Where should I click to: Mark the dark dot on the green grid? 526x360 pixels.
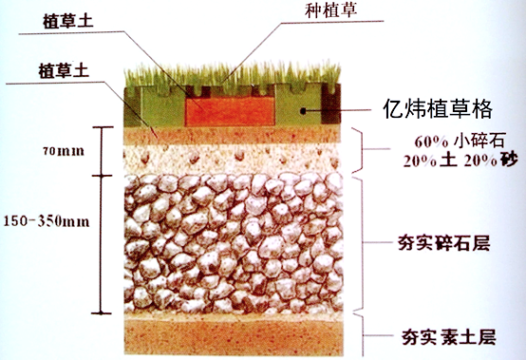(304, 112)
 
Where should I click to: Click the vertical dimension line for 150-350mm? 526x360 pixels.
(99, 243)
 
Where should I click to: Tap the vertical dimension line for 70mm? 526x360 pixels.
(99, 151)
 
